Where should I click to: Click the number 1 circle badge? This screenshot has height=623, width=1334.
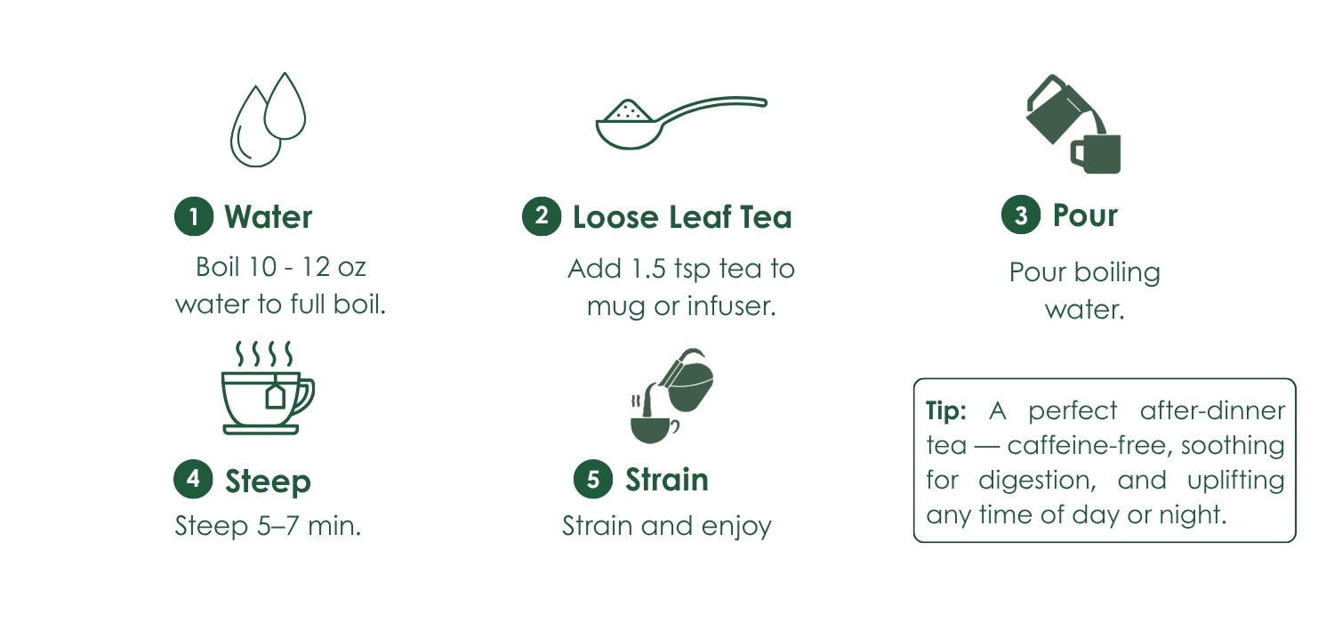(194, 216)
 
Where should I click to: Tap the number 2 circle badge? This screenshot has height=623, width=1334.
(542, 215)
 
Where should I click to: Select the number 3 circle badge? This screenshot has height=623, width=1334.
(1021, 214)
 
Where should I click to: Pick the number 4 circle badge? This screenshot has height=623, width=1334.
(193, 479)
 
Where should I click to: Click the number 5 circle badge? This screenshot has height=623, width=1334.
(593, 479)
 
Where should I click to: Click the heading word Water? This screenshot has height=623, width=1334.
(268, 217)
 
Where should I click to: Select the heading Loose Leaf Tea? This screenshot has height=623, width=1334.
(682, 217)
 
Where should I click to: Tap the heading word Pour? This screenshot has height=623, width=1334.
(1085, 215)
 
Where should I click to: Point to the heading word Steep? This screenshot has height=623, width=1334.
(268, 481)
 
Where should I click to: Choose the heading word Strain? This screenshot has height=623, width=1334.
(667, 480)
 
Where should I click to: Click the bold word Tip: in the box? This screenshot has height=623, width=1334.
(945, 411)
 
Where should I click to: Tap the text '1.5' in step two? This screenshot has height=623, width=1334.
(648, 269)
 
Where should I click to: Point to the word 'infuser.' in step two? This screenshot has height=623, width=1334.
(732, 306)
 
